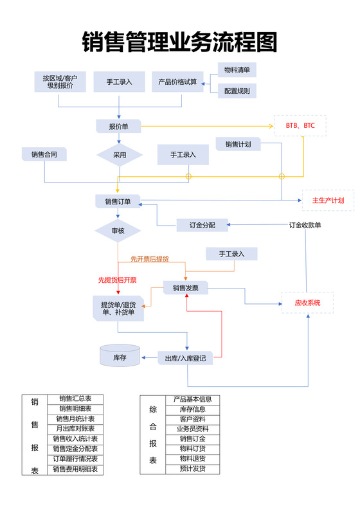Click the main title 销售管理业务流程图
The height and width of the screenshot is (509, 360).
(x=180, y=43)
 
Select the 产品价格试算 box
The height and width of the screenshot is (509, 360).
(x=177, y=82)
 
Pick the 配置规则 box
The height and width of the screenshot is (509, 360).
(x=237, y=91)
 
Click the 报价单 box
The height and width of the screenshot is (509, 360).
(x=119, y=127)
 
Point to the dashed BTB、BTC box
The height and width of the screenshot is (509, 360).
(x=300, y=126)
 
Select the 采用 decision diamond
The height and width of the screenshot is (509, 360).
(x=119, y=155)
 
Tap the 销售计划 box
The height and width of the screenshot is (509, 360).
(x=238, y=144)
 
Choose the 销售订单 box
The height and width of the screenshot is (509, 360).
(x=118, y=201)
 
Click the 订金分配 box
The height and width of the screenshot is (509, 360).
(x=203, y=225)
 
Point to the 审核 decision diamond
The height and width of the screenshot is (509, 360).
(x=118, y=230)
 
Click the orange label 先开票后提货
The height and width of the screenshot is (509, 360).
(x=149, y=258)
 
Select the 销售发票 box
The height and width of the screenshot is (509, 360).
(x=185, y=289)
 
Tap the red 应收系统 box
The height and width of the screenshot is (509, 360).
(x=308, y=303)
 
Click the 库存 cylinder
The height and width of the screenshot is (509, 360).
(x=120, y=357)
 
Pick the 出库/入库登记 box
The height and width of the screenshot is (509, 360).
(x=185, y=358)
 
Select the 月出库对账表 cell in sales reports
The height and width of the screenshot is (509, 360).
(x=75, y=428)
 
